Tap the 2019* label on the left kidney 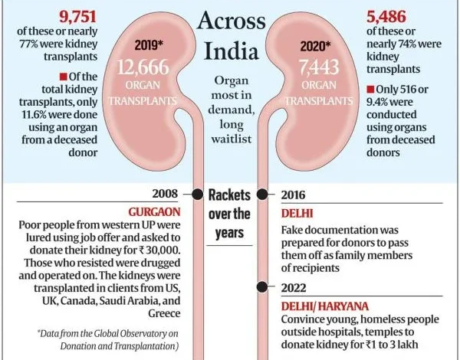click(151, 45)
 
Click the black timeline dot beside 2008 click(198, 195)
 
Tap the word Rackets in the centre click(230, 195)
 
